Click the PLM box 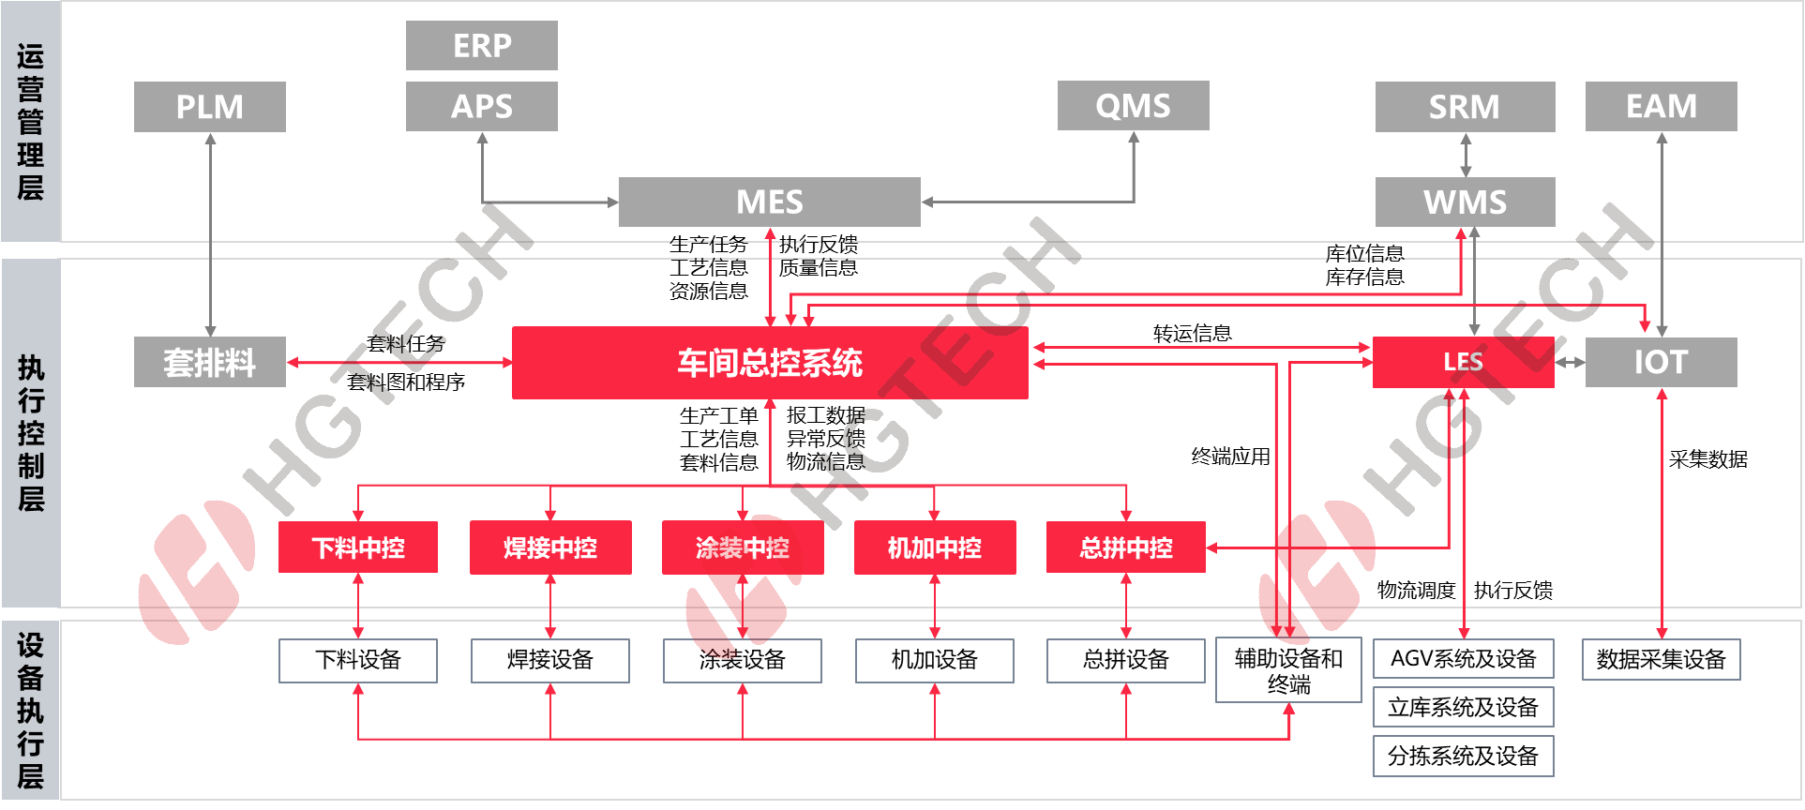pyautogui.click(x=210, y=107)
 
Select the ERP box pyautogui.click(x=482, y=45)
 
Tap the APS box pyautogui.click(x=482, y=106)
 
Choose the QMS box pyautogui.click(x=1133, y=105)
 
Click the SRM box pyautogui.click(x=1465, y=107)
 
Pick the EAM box pyautogui.click(x=1661, y=106)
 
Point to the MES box pyautogui.click(x=769, y=202)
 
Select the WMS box pyautogui.click(x=1465, y=202)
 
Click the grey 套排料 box pyautogui.click(x=210, y=362)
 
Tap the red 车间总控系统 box pyautogui.click(x=769, y=363)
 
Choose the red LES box pyautogui.click(x=1463, y=362)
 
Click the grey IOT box pyautogui.click(x=1661, y=362)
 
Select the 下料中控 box pyautogui.click(x=358, y=547)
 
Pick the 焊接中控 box pyautogui.click(x=550, y=547)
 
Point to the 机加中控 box pyautogui.click(x=935, y=547)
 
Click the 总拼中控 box pyautogui.click(x=1126, y=547)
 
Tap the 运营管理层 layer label pyautogui.click(x=31, y=122)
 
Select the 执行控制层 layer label pyautogui.click(x=31, y=433)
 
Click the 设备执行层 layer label pyautogui.click(x=31, y=711)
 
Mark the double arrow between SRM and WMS pyautogui.click(x=1466, y=155)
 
